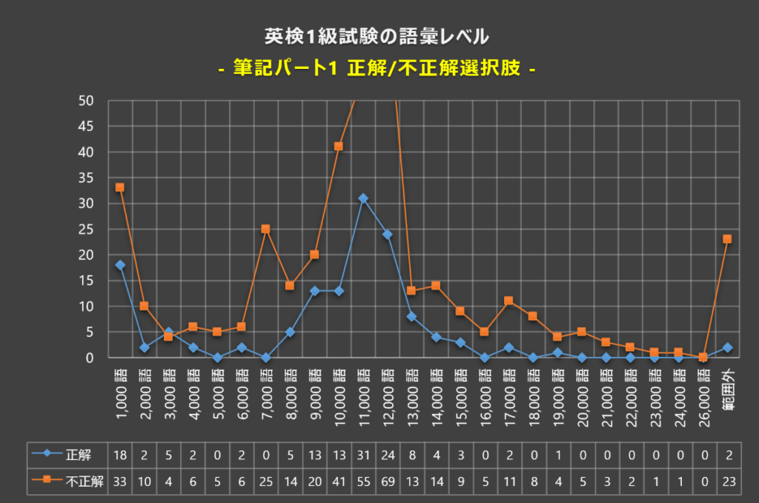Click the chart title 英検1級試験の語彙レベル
pyautogui.click(x=379, y=35)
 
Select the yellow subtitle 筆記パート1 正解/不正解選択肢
pyautogui.click(x=379, y=68)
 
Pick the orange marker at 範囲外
pyautogui.click(x=727, y=239)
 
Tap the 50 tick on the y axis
pyautogui.click(x=87, y=100)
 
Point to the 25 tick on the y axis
pyautogui.click(x=87, y=229)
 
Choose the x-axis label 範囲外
pyautogui.click(x=727, y=393)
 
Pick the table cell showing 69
pyautogui.click(x=387, y=480)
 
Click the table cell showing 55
pyautogui.click(x=363, y=480)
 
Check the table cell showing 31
pyautogui.click(x=363, y=453)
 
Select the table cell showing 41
pyautogui.click(x=339, y=480)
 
